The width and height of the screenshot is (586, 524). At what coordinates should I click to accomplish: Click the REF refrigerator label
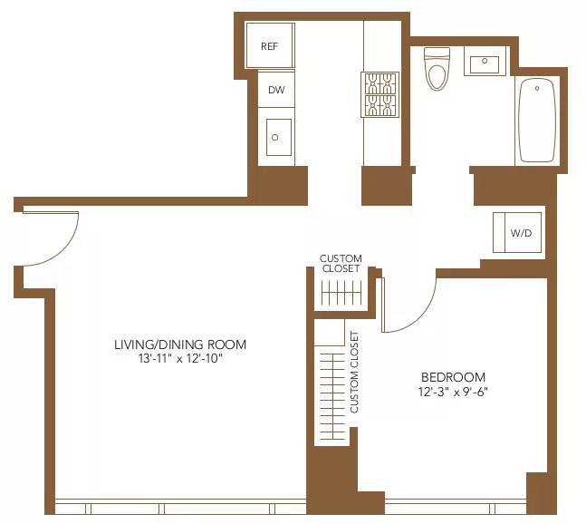[x=269, y=46]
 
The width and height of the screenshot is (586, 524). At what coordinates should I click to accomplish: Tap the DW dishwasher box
[x=275, y=91]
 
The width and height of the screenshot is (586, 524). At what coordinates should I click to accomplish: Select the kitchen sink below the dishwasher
[x=276, y=137]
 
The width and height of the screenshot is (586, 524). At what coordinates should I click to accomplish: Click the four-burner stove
[x=380, y=94]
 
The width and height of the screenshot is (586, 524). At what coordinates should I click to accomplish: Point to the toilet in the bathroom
[x=437, y=70]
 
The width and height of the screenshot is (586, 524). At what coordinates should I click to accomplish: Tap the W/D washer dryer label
[x=521, y=233]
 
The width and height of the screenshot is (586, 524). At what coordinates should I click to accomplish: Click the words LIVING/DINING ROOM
[x=179, y=344]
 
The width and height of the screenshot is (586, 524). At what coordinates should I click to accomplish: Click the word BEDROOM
[x=453, y=377]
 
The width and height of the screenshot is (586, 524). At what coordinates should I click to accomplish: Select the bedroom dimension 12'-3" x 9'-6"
[x=453, y=393]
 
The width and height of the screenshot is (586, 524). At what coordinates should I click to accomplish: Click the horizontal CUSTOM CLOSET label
[x=341, y=264]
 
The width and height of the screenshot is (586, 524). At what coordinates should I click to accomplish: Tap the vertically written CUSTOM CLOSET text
[x=354, y=372]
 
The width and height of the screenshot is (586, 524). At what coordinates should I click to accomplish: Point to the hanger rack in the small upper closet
[x=341, y=294]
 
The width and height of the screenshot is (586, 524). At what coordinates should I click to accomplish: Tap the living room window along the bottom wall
[x=181, y=507]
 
